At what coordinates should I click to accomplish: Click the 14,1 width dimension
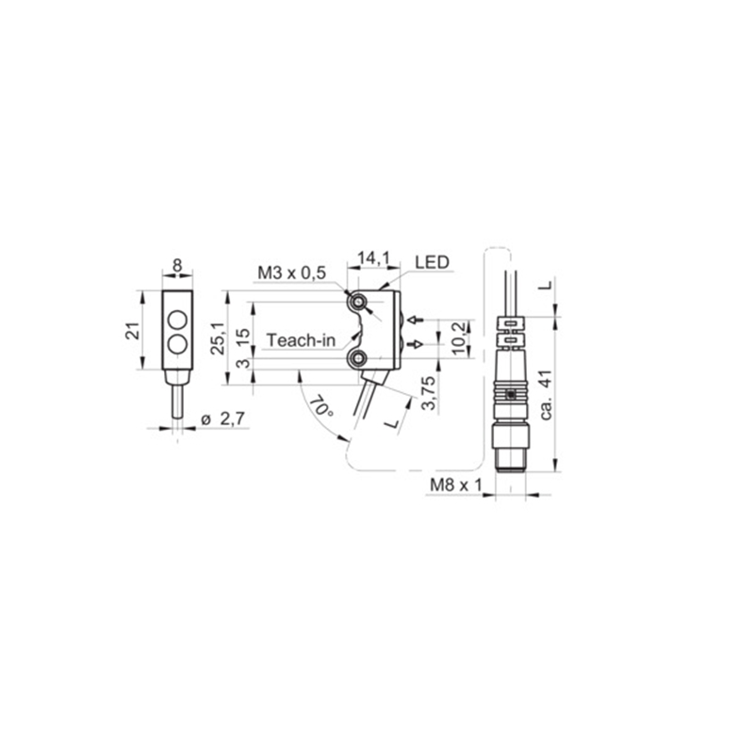(373, 259)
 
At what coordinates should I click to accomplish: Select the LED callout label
(432, 262)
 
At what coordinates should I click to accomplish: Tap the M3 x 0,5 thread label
(292, 272)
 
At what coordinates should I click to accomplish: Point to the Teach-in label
(301, 340)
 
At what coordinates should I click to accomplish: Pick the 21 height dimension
(133, 331)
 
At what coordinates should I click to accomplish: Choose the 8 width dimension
(177, 265)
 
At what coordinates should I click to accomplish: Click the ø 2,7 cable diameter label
(222, 418)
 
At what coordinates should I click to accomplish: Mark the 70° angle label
(320, 406)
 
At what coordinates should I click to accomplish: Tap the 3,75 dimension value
(428, 393)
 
